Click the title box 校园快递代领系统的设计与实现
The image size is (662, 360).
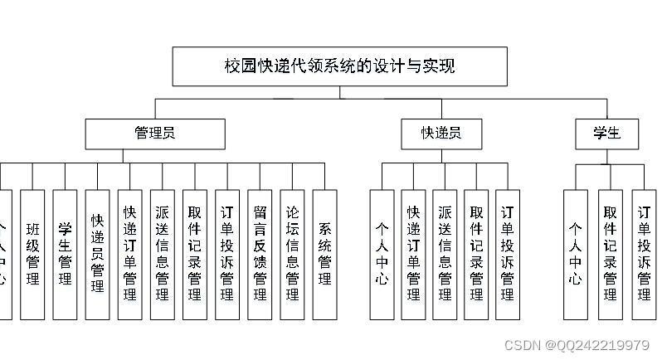click(x=339, y=66)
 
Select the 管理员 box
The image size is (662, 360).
click(x=154, y=134)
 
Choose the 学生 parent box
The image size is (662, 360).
click(x=608, y=134)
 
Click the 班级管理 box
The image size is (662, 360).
click(x=32, y=255)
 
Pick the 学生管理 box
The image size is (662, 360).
click(x=65, y=255)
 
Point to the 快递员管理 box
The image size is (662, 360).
click(x=97, y=255)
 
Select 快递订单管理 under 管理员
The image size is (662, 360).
click(x=129, y=255)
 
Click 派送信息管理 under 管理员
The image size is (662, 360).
click(x=162, y=255)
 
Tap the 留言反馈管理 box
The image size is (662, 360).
click(x=260, y=255)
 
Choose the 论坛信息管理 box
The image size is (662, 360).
click(x=292, y=255)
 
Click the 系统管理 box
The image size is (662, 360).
click(x=324, y=255)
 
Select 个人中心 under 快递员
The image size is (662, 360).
click(x=382, y=255)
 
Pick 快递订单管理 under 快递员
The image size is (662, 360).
click(x=413, y=255)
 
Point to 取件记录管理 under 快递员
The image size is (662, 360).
click(x=476, y=255)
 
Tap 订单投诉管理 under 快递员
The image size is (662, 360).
click(x=508, y=255)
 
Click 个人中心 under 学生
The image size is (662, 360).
click(x=576, y=255)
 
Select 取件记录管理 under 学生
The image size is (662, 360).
click(x=611, y=255)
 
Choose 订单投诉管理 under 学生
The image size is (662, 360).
click(x=644, y=255)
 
